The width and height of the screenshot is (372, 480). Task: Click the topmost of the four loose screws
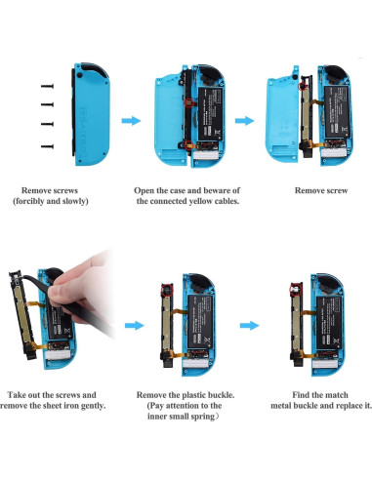pyautogui.click(x=47, y=86)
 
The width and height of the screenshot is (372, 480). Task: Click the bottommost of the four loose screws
pyautogui.click(x=47, y=146)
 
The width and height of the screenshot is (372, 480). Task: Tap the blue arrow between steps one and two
pyautogui.click(x=131, y=121)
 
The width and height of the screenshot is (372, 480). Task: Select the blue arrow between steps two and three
pyautogui.click(x=244, y=121)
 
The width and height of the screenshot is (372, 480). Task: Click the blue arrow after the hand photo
pyautogui.click(x=135, y=326)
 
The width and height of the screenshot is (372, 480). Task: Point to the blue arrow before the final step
pyautogui.click(x=250, y=326)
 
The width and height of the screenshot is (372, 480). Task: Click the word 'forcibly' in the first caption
pyautogui.click(x=28, y=201)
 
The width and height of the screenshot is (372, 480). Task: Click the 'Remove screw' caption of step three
pyautogui.click(x=321, y=190)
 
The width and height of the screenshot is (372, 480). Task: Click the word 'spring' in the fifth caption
pyautogui.click(x=203, y=417)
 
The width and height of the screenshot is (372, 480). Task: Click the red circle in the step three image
pyautogui.click(x=303, y=86)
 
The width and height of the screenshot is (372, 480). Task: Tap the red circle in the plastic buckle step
pyautogui.click(x=167, y=290)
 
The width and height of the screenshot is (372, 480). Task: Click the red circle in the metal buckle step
pyautogui.click(x=296, y=289)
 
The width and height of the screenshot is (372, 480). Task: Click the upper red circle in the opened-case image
pyautogui.click(x=188, y=102)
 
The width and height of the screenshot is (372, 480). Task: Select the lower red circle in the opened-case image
pyautogui.click(x=187, y=145)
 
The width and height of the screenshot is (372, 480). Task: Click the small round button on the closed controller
pyautogui.click(x=79, y=75)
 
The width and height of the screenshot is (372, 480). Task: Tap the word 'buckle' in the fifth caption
pyautogui.click(x=221, y=395)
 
